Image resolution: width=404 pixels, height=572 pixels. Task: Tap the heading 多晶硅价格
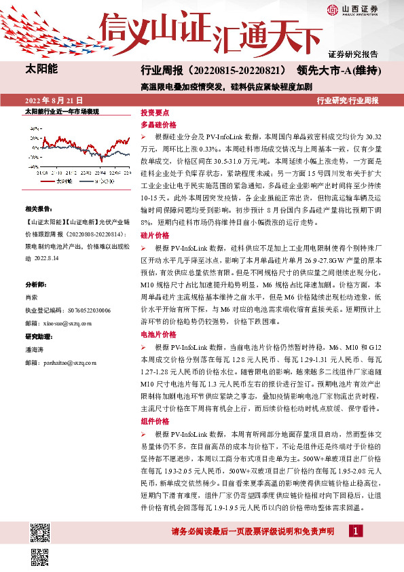158,125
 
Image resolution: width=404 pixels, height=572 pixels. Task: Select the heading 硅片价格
154,234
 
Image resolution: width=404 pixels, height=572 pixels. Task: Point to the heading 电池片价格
158,334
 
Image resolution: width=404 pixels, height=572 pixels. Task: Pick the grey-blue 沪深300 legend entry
101,182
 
